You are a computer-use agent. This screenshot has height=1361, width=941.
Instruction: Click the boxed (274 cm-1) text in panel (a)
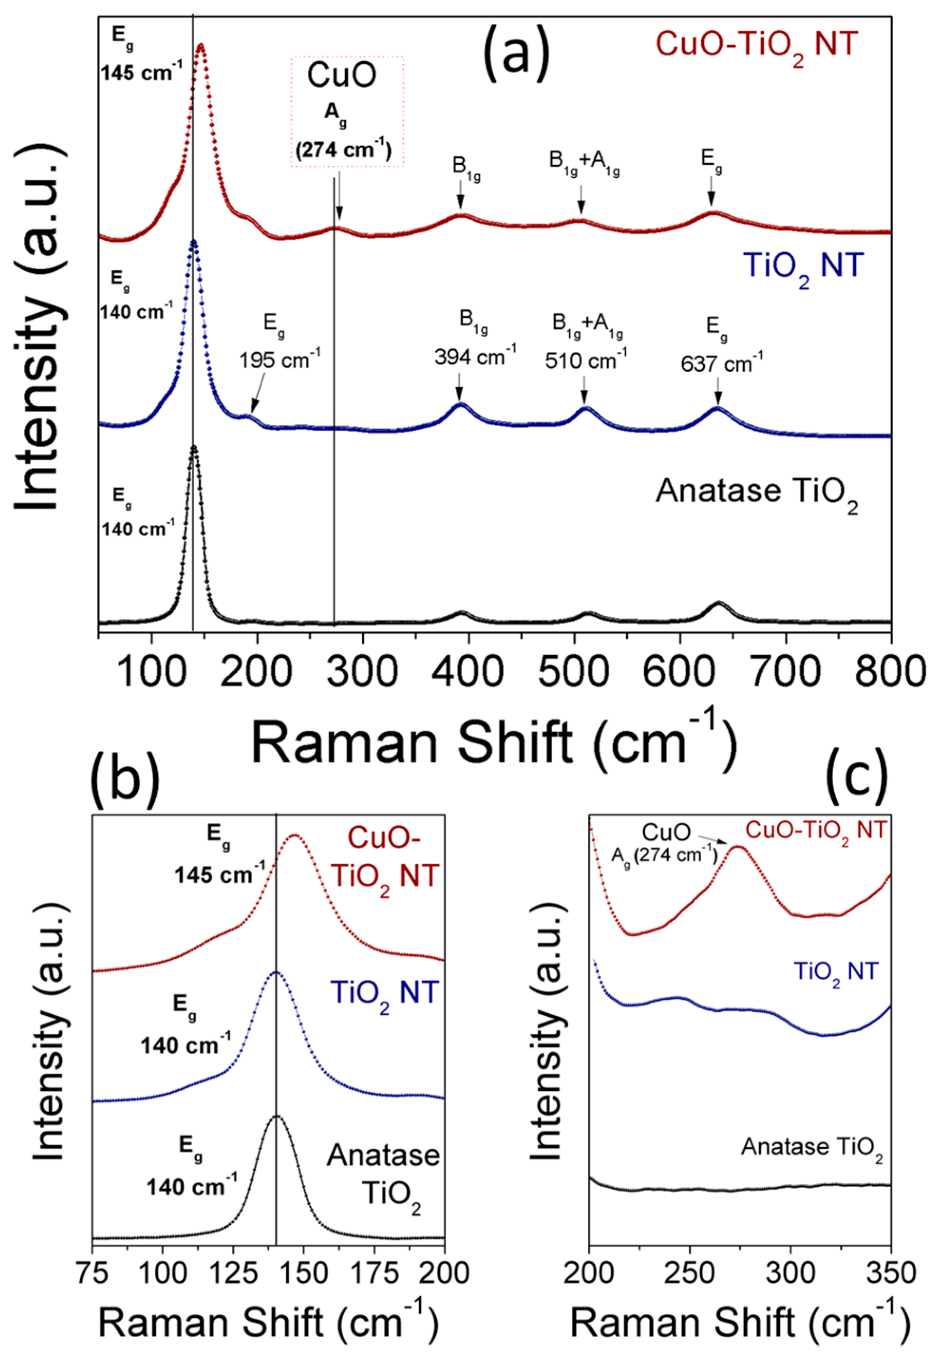(x=343, y=151)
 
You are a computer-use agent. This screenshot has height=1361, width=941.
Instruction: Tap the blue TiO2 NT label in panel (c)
(x=836, y=972)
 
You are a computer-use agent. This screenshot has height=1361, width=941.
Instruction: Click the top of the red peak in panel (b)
(x=294, y=836)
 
